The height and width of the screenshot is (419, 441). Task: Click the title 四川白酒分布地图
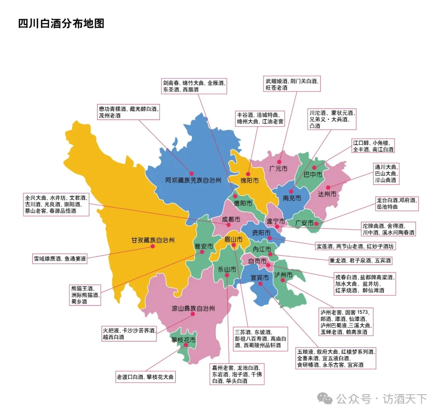point(61,23)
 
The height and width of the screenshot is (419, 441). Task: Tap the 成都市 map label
point(231,219)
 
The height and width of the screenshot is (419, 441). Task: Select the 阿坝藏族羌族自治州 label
point(193,180)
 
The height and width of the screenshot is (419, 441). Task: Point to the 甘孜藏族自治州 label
point(153,240)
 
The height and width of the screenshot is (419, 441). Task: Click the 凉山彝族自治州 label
point(193,308)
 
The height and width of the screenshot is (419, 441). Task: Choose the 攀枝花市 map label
point(184,340)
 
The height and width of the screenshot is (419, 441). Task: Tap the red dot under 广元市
point(279,161)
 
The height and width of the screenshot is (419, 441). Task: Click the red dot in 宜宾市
point(260,284)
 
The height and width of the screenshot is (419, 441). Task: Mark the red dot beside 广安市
point(316,223)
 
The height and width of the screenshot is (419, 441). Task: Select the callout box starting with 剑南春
point(194,86)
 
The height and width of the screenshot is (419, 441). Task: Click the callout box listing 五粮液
point(336,358)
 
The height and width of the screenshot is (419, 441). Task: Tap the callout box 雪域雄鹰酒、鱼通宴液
point(60,258)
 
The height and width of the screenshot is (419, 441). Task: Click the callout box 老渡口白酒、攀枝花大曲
point(145,377)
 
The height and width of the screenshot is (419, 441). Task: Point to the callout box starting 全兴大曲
point(56,204)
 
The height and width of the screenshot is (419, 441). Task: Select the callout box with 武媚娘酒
point(292,84)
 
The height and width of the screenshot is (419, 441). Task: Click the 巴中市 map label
point(313,175)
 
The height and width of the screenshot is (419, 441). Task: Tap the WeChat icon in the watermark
point(325,398)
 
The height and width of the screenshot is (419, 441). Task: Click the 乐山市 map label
point(227,269)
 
